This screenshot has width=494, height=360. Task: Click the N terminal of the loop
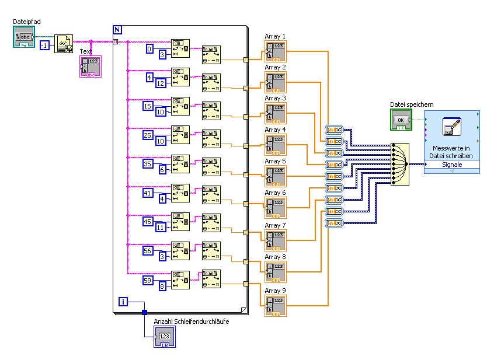[117, 29]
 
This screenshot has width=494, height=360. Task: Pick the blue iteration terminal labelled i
[123, 301]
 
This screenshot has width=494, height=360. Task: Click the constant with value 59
[149, 281]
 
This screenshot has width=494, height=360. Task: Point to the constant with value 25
[149, 135]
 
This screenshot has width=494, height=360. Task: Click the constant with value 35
[149, 164]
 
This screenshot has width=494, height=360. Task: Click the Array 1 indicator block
[276, 51]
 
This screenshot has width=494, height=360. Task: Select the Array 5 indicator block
[276, 176]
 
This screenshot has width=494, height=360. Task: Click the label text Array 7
[276, 225]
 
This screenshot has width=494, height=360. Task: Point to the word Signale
[452, 165]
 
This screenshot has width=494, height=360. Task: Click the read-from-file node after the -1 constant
[64, 44]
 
